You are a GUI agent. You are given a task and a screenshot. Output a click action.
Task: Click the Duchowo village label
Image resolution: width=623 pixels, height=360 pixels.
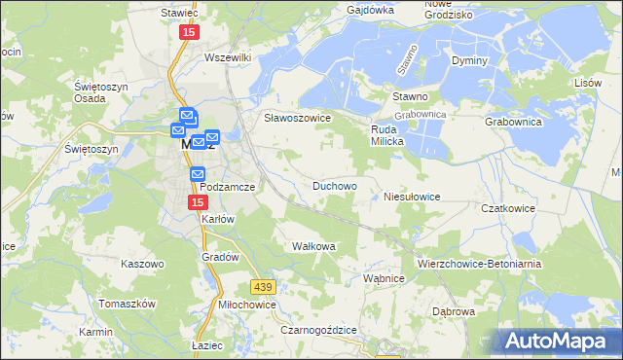pos(334,185)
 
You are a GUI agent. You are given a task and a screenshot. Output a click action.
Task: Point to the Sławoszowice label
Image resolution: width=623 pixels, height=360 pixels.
pos(298,118)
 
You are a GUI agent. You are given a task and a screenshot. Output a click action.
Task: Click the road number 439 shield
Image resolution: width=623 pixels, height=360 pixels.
pos(262,287)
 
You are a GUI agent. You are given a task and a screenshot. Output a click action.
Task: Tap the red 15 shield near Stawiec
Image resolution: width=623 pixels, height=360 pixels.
pos(188,32)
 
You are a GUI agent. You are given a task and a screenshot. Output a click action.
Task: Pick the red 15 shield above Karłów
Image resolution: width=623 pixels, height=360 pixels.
pos(197,201)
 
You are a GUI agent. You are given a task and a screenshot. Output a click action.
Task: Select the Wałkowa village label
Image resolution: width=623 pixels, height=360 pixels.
pos(313,246)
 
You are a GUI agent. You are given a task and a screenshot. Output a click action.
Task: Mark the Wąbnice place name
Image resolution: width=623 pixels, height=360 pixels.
pos(383,278)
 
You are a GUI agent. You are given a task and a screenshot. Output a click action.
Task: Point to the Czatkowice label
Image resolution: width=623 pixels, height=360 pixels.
pos(509,208)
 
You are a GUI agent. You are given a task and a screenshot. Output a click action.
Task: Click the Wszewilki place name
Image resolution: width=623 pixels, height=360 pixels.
pos(228,57)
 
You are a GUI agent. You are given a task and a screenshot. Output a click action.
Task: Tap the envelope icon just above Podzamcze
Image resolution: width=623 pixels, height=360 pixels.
pos(198,174)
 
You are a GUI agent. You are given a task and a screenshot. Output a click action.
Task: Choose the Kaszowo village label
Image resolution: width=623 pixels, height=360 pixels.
pos(142,264)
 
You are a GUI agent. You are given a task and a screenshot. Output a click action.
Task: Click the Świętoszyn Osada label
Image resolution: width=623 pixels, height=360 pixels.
pos(97,93)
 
